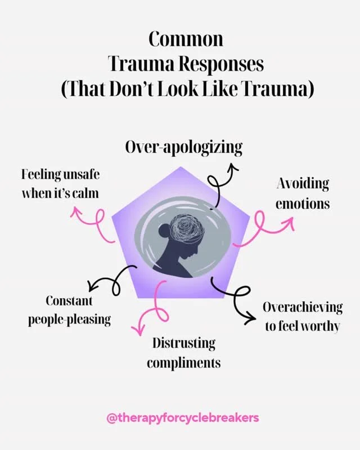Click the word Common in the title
tap(186, 39)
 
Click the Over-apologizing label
tap(184, 148)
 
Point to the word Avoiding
tap(303, 184)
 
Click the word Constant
tap(69, 301)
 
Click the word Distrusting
tap(183, 343)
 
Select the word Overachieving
tap(303, 308)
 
